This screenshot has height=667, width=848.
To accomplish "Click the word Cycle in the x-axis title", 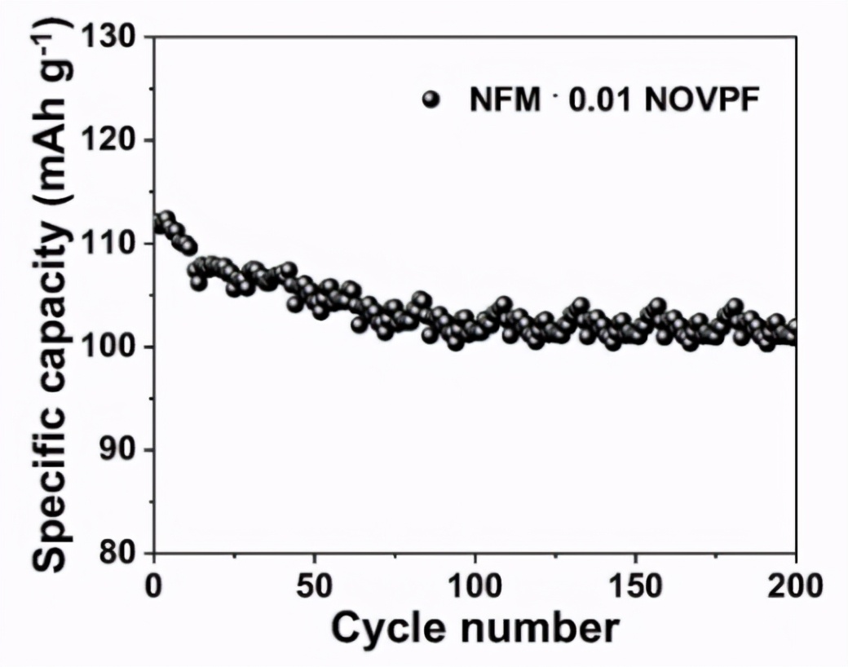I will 391,629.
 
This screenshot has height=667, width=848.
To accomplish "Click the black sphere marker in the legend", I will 431,100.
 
